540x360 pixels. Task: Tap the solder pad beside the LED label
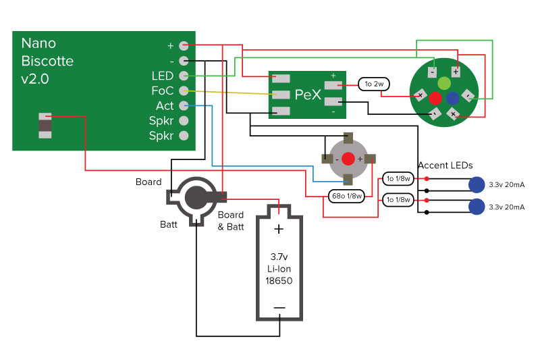pyautogui.click(x=183, y=76)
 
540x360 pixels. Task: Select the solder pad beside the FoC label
pyautogui.click(x=183, y=91)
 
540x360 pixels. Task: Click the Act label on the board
pyautogui.click(x=165, y=106)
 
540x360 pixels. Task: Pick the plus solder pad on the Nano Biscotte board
pyautogui.click(x=183, y=45)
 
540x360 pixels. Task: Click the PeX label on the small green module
pyautogui.click(x=307, y=95)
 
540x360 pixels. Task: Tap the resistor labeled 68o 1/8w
pyautogui.click(x=346, y=197)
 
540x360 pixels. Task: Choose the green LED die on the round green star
pyautogui.click(x=443, y=83)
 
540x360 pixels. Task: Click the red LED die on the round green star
pyautogui.click(x=435, y=98)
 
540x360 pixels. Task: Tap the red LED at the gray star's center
pyautogui.click(x=348, y=159)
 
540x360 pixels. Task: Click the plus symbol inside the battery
pyautogui.click(x=279, y=229)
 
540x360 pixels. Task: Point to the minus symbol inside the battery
pyautogui.click(x=279, y=308)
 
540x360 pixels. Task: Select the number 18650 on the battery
pyautogui.click(x=279, y=280)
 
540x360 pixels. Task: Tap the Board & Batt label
pyautogui.click(x=231, y=221)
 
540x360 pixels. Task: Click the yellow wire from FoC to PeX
pyautogui.click(x=230, y=93)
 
